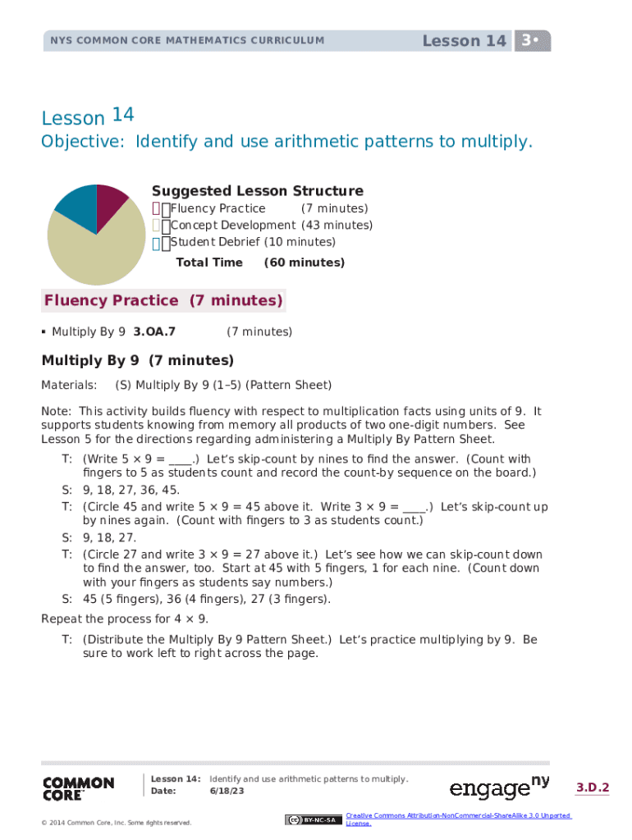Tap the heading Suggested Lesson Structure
[x=257, y=191]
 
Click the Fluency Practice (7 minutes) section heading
[x=163, y=300]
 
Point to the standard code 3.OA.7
[x=154, y=332]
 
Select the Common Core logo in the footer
[x=78, y=788]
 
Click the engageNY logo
[x=499, y=788]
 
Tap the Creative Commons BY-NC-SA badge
[x=313, y=819]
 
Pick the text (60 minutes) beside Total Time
[x=304, y=262]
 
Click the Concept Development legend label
[x=232, y=226]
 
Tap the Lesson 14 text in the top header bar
[x=464, y=41]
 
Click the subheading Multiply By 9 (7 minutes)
[x=138, y=360]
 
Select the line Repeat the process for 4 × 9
[x=125, y=619]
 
